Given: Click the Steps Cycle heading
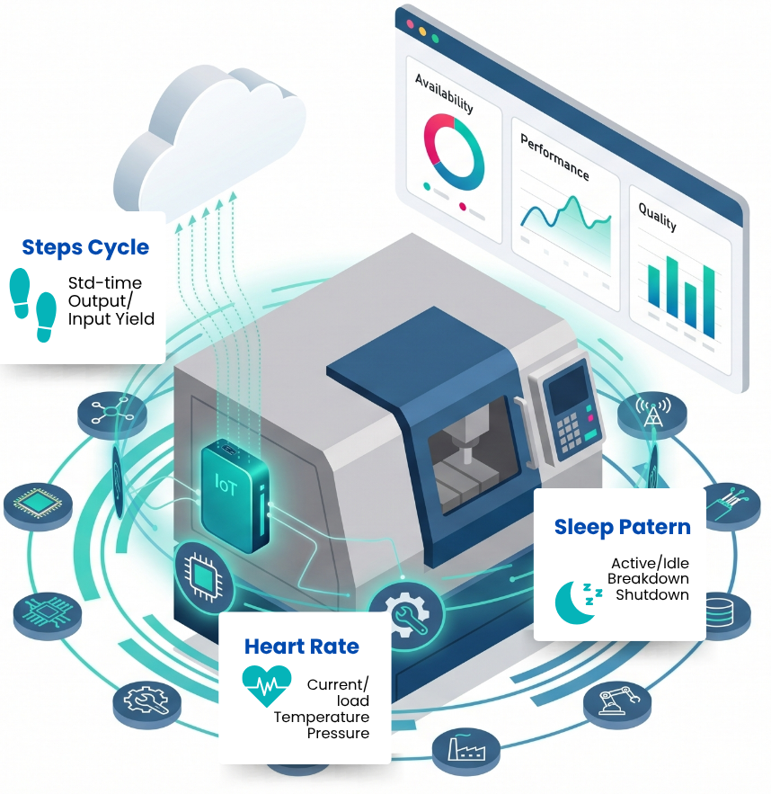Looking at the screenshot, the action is [85, 247].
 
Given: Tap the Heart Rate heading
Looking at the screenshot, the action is [302, 647].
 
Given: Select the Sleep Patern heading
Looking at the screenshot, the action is [622, 527].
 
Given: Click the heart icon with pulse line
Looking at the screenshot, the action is [267, 685].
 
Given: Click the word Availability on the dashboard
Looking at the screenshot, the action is [444, 94].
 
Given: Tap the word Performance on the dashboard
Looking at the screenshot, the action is [555, 157].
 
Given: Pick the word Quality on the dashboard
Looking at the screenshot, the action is [657, 216].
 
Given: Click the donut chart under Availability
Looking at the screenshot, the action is [454, 151].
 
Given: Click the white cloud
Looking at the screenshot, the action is [208, 138].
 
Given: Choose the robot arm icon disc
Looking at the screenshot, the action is [617, 702].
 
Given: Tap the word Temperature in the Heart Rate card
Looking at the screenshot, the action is [322, 717].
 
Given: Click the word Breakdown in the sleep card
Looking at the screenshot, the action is [648, 578].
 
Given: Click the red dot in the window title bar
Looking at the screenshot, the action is [411, 23].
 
